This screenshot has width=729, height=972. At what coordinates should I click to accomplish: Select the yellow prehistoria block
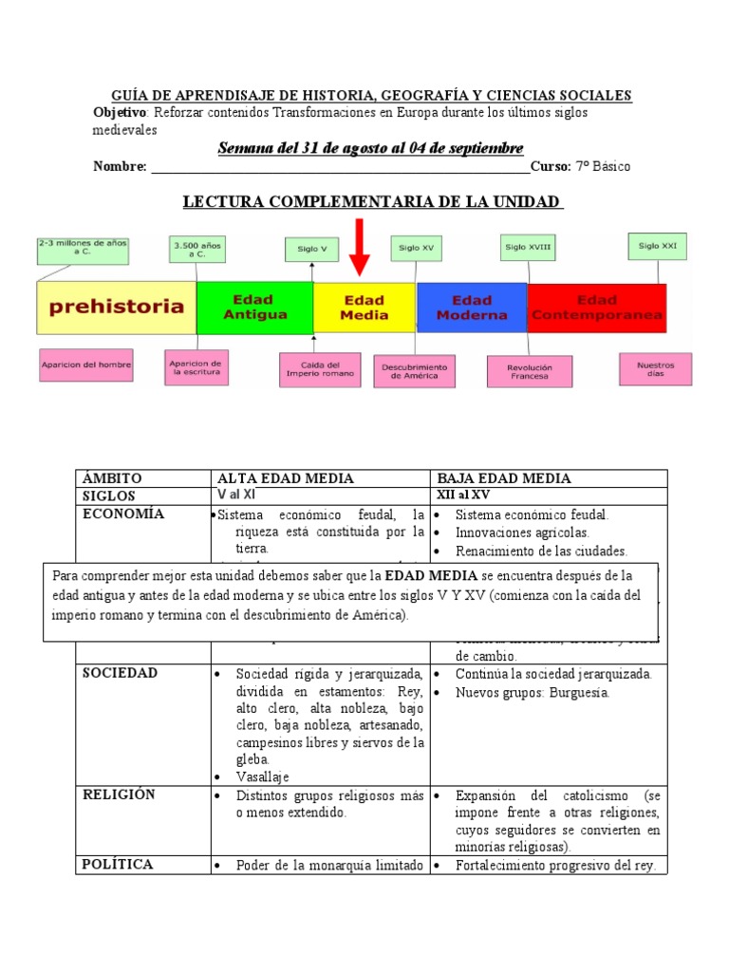[x=116, y=307]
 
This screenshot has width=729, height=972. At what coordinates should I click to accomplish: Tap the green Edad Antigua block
[x=254, y=307]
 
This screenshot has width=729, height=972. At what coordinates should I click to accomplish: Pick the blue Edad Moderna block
[x=472, y=307]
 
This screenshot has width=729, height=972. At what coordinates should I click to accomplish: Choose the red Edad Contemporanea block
[x=596, y=307]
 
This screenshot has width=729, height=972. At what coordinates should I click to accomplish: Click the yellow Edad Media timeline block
[x=364, y=307]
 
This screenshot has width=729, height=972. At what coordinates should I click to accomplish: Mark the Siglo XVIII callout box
[x=528, y=248]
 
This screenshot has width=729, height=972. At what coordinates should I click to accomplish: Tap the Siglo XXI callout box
[x=657, y=247]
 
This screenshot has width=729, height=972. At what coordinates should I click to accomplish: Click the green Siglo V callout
[x=312, y=250]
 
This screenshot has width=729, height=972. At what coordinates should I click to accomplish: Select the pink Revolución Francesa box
[x=530, y=371]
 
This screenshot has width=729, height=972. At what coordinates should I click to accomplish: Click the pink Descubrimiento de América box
[x=414, y=371]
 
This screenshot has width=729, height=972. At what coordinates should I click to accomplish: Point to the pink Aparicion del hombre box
[x=85, y=364]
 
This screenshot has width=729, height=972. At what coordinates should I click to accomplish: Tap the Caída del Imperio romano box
[x=320, y=369]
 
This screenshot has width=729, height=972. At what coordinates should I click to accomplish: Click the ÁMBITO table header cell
[x=112, y=478]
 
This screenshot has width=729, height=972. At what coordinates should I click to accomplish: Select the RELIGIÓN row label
[x=120, y=794]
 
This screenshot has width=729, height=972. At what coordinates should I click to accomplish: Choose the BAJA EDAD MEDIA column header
[x=504, y=478]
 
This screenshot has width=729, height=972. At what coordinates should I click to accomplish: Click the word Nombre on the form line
[x=119, y=167]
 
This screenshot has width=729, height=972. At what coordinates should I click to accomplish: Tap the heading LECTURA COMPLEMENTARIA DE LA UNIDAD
[x=371, y=203]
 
